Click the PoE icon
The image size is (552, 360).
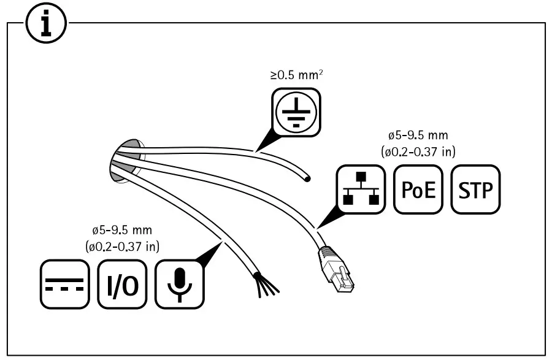[418, 190]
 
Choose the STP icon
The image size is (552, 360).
[476, 190]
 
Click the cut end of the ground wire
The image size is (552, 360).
[307, 178]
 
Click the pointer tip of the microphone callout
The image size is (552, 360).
[221, 243]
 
